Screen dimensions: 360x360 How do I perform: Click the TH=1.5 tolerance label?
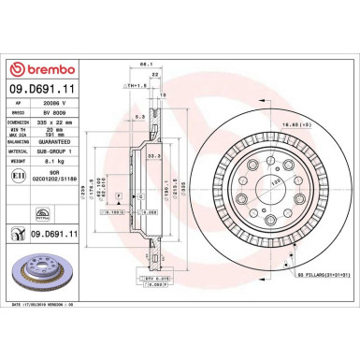[x=139, y=84]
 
